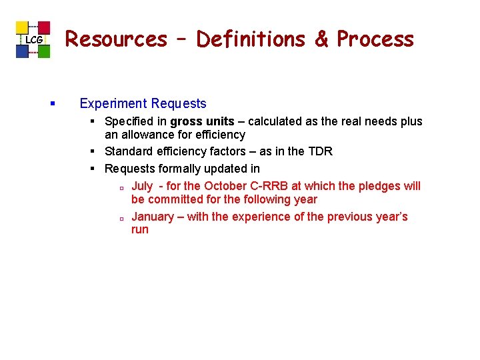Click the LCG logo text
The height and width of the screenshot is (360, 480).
point(33,41)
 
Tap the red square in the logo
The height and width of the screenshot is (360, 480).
point(44,27)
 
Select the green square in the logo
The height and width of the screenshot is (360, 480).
point(44,51)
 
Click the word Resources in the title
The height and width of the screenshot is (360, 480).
point(116,39)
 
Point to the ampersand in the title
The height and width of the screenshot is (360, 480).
point(322,39)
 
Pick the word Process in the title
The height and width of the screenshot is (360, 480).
point(375,39)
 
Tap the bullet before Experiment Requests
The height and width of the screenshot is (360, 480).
point(52,104)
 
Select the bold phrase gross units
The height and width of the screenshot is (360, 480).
point(202,121)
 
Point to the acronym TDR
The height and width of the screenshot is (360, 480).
point(319,151)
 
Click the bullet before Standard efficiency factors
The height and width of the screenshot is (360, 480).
point(95,152)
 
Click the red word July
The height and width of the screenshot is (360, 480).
point(142,186)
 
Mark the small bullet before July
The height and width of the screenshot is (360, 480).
point(123,187)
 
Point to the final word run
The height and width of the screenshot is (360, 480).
point(140,230)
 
